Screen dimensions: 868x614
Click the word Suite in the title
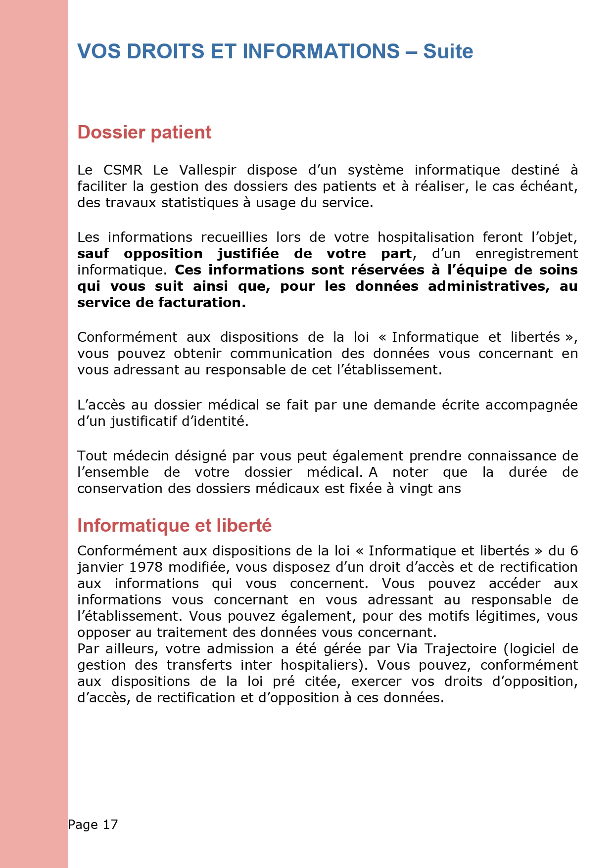pyautogui.click(x=448, y=51)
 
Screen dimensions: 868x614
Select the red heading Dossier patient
pyautogui.click(x=144, y=133)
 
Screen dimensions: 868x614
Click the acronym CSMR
pyautogui.click(x=123, y=170)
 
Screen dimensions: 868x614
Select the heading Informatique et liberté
pyautogui.click(x=174, y=525)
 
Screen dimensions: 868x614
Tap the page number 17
pyautogui.click(x=110, y=824)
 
